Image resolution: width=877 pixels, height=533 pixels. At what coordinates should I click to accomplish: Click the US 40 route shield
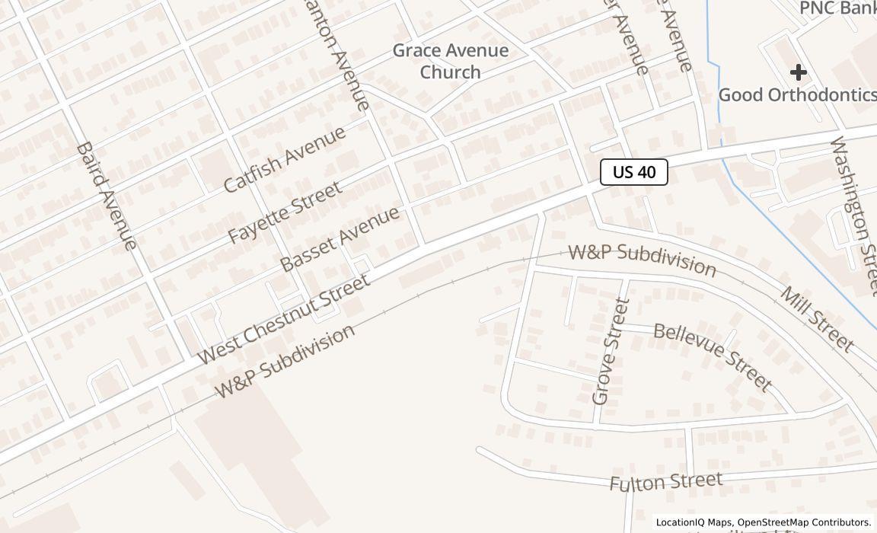click(x=633, y=172)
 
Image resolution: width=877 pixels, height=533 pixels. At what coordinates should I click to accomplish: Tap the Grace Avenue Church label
click(x=450, y=61)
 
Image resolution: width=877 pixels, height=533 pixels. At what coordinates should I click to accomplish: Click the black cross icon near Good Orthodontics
click(x=798, y=72)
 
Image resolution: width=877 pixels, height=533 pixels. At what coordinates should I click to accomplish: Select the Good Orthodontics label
click(x=797, y=94)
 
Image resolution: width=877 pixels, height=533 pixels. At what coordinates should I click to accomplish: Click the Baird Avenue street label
click(x=107, y=195)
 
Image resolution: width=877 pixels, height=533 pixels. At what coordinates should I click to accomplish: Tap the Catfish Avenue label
click(x=285, y=158)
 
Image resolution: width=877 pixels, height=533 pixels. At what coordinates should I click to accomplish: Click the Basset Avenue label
click(x=340, y=238)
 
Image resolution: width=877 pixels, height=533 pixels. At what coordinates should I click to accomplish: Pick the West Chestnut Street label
click(x=283, y=318)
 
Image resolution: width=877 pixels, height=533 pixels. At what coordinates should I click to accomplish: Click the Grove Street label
click(x=611, y=351)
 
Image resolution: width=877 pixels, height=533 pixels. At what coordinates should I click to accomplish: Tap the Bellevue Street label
click(x=713, y=356)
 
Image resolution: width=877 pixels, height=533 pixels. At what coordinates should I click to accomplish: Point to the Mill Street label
click(x=817, y=319)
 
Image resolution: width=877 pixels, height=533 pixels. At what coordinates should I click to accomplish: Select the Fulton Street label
click(x=665, y=481)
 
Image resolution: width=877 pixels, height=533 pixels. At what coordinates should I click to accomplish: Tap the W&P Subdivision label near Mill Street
click(x=643, y=260)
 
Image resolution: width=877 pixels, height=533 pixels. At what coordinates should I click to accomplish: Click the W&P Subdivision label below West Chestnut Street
click(x=285, y=361)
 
